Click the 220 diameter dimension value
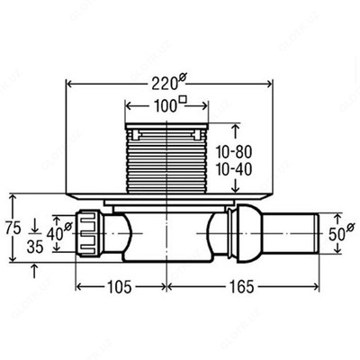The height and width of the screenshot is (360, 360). point(165,84)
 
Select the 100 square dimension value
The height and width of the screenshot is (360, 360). point(165,106)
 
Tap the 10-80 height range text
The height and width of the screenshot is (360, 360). point(234,152)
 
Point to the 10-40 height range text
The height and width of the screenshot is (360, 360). point(234,170)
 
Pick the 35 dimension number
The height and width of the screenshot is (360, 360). point(35,247)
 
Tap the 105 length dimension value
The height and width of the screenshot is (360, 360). point(119,287)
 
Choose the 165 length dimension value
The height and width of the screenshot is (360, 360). point(242,287)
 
